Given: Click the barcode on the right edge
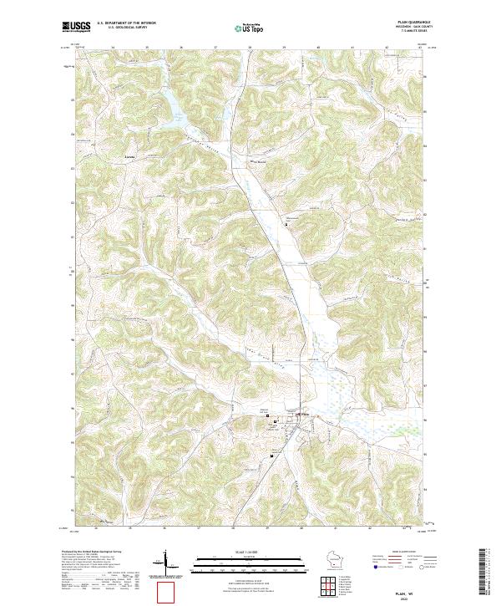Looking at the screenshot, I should (x=491, y=577).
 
